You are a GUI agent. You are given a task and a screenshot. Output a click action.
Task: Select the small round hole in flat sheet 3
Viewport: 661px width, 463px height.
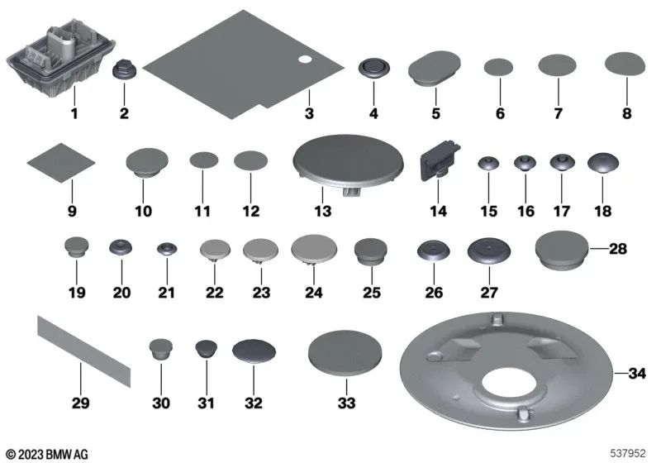click(x=304, y=60)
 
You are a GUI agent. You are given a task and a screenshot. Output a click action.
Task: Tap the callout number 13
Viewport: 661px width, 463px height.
click(x=323, y=212)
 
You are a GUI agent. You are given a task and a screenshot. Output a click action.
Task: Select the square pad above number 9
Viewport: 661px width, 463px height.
click(x=62, y=164)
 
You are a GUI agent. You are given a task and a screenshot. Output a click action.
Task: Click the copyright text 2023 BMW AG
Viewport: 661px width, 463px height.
click(x=46, y=453)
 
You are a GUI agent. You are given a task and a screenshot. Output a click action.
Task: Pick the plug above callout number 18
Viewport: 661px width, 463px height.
click(x=602, y=163)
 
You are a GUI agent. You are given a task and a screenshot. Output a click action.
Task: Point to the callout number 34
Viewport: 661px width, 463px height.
click(x=636, y=374)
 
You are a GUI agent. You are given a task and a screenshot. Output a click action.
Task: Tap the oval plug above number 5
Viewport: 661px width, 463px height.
click(x=435, y=69)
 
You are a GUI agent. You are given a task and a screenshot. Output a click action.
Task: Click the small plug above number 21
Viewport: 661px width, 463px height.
click(x=168, y=248)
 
